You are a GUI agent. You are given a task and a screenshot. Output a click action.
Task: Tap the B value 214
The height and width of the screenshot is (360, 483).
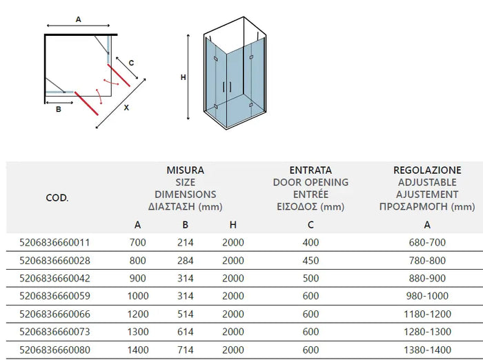[x=185, y=243]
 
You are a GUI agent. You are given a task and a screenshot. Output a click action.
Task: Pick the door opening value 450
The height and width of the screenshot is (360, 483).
[x=310, y=261]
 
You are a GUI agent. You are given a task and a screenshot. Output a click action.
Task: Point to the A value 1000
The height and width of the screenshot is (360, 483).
[x=138, y=297]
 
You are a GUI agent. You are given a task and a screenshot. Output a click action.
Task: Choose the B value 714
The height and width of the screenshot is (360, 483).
[x=185, y=350]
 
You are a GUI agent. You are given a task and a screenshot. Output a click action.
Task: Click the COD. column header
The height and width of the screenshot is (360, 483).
[x=57, y=198]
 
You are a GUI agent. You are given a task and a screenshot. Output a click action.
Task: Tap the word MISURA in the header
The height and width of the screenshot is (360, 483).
[x=185, y=170]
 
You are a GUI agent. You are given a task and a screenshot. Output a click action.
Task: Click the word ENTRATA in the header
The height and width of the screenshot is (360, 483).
[x=310, y=170]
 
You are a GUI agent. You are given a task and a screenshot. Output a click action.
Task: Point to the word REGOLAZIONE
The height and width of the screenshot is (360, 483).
[x=427, y=170]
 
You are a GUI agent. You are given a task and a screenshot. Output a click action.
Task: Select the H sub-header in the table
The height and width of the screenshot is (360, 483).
[x=233, y=224]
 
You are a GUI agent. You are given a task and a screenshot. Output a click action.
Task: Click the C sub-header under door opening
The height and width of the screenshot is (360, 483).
[x=310, y=224]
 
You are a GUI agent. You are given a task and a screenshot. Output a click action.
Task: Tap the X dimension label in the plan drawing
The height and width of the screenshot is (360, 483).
[x=126, y=108]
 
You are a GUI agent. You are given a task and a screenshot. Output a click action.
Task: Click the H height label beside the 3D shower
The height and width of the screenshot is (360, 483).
[x=183, y=78]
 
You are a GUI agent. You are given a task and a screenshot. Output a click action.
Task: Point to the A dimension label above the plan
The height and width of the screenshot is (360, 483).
[x=78, y=20]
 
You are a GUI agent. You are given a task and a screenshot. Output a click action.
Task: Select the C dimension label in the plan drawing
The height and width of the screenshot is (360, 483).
[x=131, y=63]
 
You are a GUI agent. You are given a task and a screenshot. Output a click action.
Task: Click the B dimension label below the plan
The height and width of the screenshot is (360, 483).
[x=59, y=108]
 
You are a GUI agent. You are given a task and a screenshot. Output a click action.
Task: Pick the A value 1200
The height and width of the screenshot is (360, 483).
[x=138, y=314]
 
